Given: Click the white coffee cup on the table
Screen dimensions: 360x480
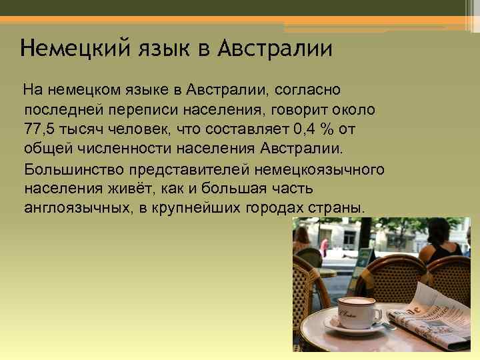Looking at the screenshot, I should [357, 312].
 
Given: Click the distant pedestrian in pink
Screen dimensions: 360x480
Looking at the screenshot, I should [324, 245].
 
